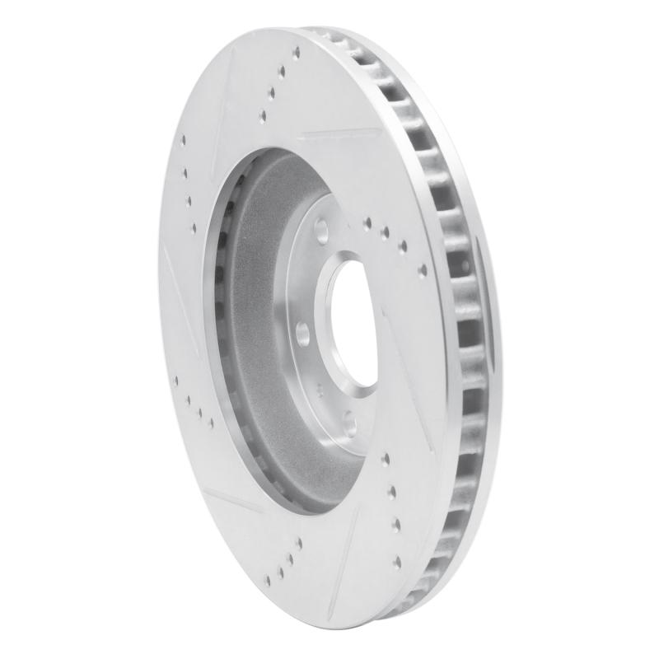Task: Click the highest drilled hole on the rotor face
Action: (296, 53)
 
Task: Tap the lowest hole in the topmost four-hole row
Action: (263, 117)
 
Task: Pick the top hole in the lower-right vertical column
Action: (385, 460)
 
